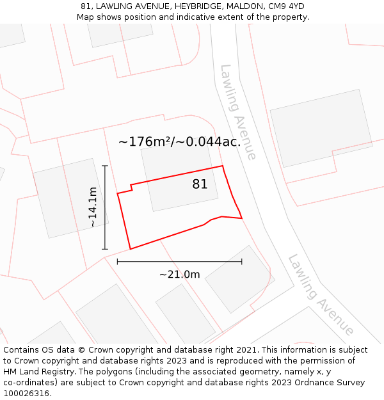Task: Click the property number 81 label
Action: (x=200, y=184)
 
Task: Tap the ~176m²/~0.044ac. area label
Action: (x=179, y=141)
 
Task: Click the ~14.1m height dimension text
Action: (x=93, y=207)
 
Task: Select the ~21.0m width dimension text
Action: (x=179, y=275)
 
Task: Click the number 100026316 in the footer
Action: (x=28, y=393)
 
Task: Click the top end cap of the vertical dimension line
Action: (x=105, y=166)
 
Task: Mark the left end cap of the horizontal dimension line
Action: (x=117, y=261)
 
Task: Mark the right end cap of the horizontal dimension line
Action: (x=242, y=261)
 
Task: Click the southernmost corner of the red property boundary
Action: (x=131, y=249)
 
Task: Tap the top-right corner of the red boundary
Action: (x=223, y=166)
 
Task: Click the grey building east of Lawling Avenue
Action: (x=321, y=128)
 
